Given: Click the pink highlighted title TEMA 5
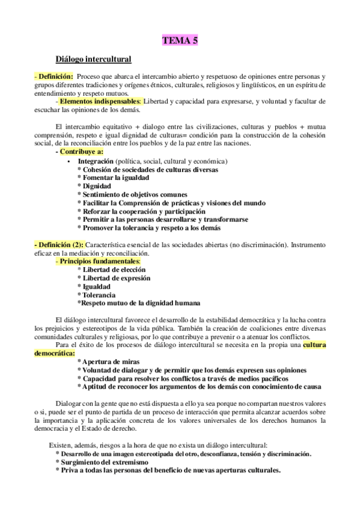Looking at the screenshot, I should pyautogui.click(x=180, y=40).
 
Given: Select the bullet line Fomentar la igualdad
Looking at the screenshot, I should pyautogui.click(x=114, y=178).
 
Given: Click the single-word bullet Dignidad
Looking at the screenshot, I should pyautogui.click(x=97, y=186).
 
